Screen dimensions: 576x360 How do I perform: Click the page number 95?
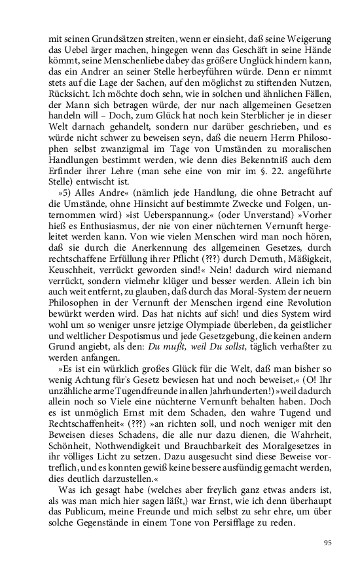[328, 542]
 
